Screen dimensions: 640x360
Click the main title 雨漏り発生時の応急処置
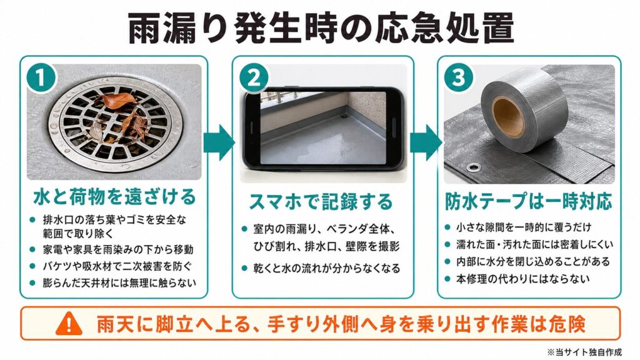click(x=321, y=29)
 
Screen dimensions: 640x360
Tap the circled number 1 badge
click(x=41, y=77)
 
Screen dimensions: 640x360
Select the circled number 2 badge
click(x=254, y=77)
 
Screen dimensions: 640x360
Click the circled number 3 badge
click(x=459, y=77)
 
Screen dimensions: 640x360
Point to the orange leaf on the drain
click(x=118, y=100)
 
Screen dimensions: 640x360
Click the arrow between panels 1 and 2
click(x=219, y=142)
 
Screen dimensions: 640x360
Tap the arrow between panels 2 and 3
click(x=426, y=142)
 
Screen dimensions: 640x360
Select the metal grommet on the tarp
click(x=474, y=166)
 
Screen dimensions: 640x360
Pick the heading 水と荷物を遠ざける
click(x=115, y=197)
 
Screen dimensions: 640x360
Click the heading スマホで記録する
click(x=321, y=202)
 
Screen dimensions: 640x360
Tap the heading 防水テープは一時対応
click(x=529, y=201)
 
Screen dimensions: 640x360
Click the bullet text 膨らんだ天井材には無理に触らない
click(x=119, y=283)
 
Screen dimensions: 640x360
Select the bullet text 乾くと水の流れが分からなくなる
click(x=326, y=268)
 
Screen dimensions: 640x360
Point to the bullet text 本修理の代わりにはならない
click(x=523, y=279)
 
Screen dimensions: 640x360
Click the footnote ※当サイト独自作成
click(x=584, y=352)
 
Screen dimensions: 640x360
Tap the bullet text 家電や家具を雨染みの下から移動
click(x=118, y=249)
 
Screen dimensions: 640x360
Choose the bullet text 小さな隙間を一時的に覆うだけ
click(x=524, y=227)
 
